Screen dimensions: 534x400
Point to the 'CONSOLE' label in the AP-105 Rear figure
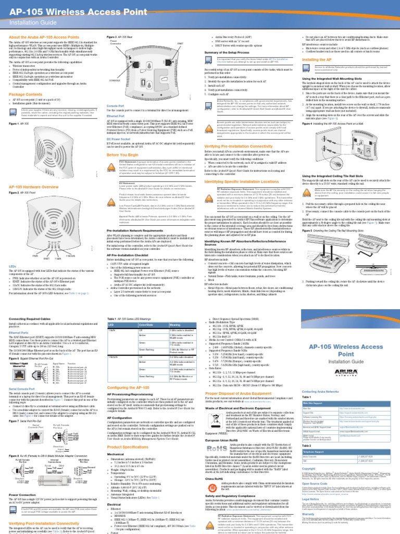point(116,81)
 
